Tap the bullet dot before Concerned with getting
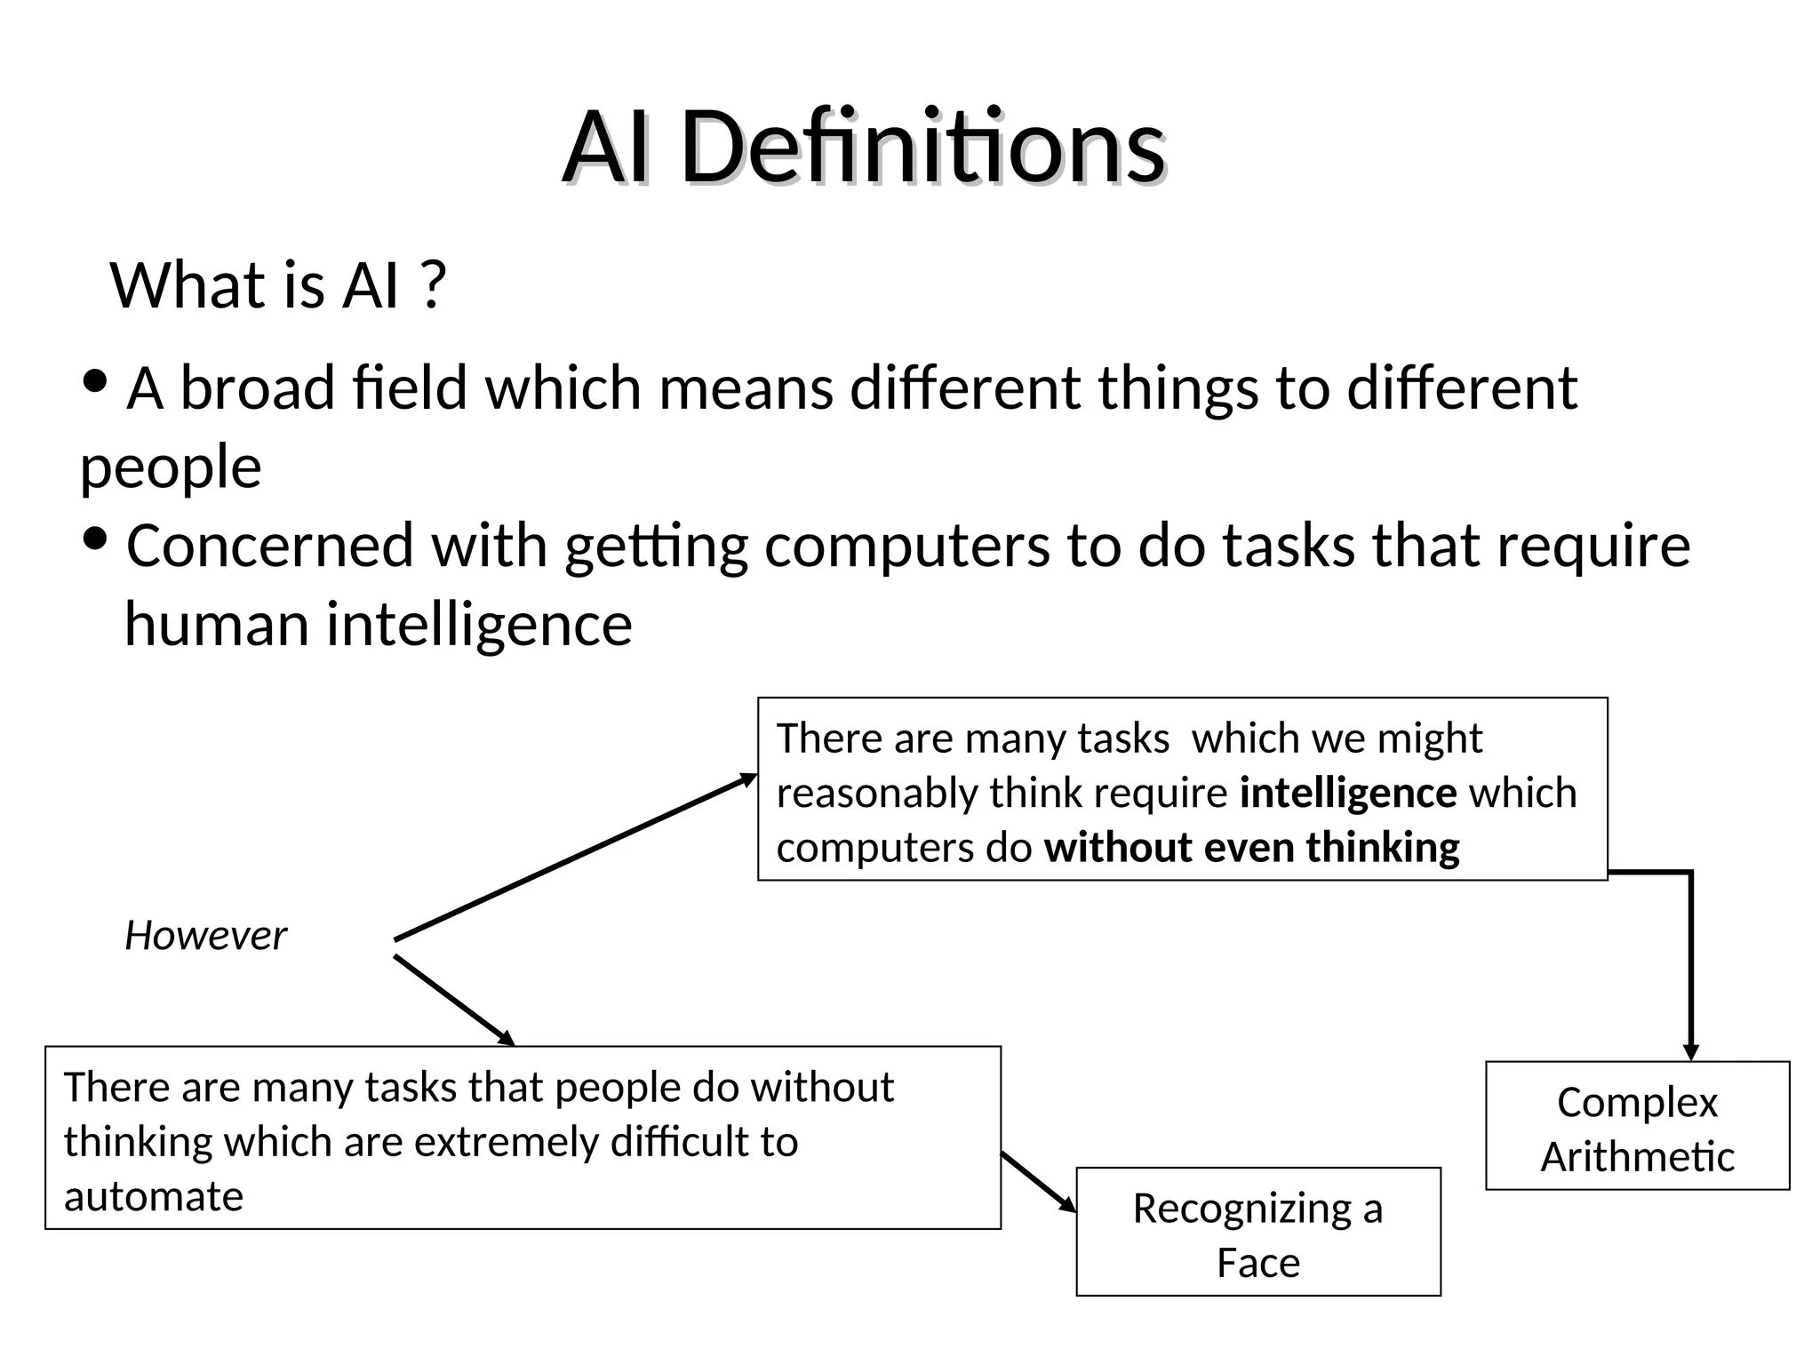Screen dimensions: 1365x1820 click(x=94, y=539)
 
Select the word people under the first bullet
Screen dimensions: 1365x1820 click(x=171, y=467)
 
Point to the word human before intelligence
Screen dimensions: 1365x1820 click(x=216, y=624)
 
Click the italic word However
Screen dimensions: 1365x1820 click(x=205, y=936)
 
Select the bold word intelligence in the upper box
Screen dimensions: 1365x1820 click(x=1347, y=793)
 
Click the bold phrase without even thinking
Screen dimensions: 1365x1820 click(x=1251, y=848)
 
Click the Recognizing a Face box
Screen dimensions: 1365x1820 click(x=1257, y=1233)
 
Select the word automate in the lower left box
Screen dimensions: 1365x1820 click(x=153, y=1197)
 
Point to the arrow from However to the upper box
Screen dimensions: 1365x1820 click(x=573, y=858)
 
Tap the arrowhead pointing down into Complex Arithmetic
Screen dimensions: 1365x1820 click(x=1691, y=1051)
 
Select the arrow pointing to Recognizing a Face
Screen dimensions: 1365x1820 click(x=1038, y=1182)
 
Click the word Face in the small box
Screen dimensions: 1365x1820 click(x=1257, y=1263)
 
